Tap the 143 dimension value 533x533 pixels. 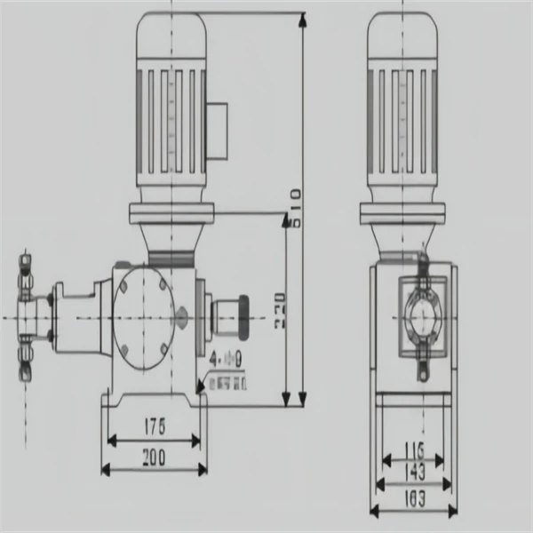tap(414, 471)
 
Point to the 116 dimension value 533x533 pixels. tap(414, 448)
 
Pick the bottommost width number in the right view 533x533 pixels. tap(414, 499)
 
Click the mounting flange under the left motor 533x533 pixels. tap(171, 214)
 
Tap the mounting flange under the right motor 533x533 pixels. tap(403, 214)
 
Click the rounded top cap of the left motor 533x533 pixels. tap(171, 36)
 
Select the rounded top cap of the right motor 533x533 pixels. tap(403, 36)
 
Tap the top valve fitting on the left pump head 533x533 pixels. tap(24, 266)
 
